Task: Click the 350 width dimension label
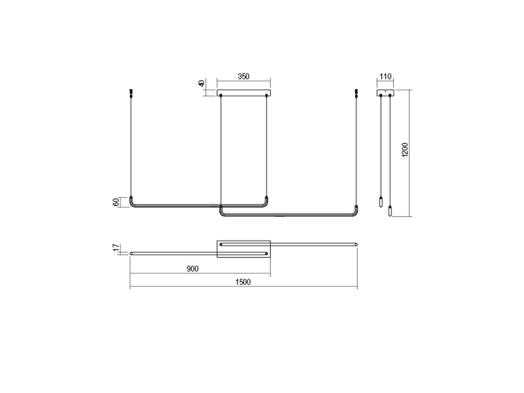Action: click(x=243, y=76)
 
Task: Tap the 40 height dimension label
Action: click(x=202, y=83)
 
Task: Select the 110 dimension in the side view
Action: click(x=385, y=76)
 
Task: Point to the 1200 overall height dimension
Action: click(x=405, y=150)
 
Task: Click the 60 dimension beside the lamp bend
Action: click(x=116, y=202)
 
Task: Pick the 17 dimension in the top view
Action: click(x=116, y=248)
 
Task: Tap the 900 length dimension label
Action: click(x=192, y=269)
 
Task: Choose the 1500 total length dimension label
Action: click(x=243, y=282)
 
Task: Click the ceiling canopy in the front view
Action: click(x=243, y=92)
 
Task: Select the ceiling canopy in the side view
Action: click(x=385, y=92)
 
